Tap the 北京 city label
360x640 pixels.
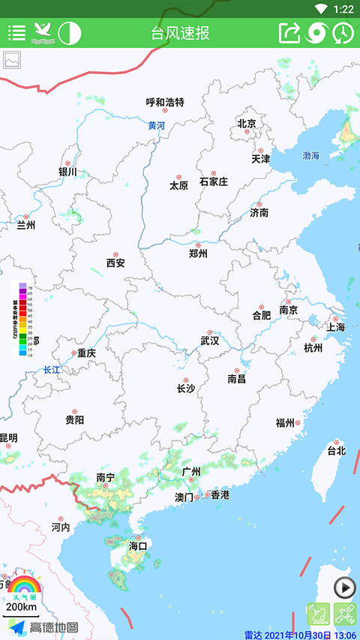coord(247,124)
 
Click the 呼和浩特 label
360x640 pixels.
coord(164,102)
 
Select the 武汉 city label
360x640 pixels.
coord(210,341)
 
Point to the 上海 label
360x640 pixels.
coord(335,327)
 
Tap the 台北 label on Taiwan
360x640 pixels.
coord(336,451)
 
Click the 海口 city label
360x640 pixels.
coord(138,546)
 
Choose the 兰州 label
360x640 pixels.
coord(26,224)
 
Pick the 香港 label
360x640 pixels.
coord(220,495)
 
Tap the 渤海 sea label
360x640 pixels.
coord(310,155)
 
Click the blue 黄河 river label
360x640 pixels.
coord(156,126)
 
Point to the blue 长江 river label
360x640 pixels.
coord(51,369)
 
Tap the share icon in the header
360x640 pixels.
coord(289,33)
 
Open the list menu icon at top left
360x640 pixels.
coord(16,33)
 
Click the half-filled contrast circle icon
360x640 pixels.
coord(70,33)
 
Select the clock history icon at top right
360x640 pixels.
coord(343,33)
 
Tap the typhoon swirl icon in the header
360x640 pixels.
coord(317,33)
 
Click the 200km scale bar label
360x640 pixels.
coord(21,606)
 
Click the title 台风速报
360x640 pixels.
coord(180,33)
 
